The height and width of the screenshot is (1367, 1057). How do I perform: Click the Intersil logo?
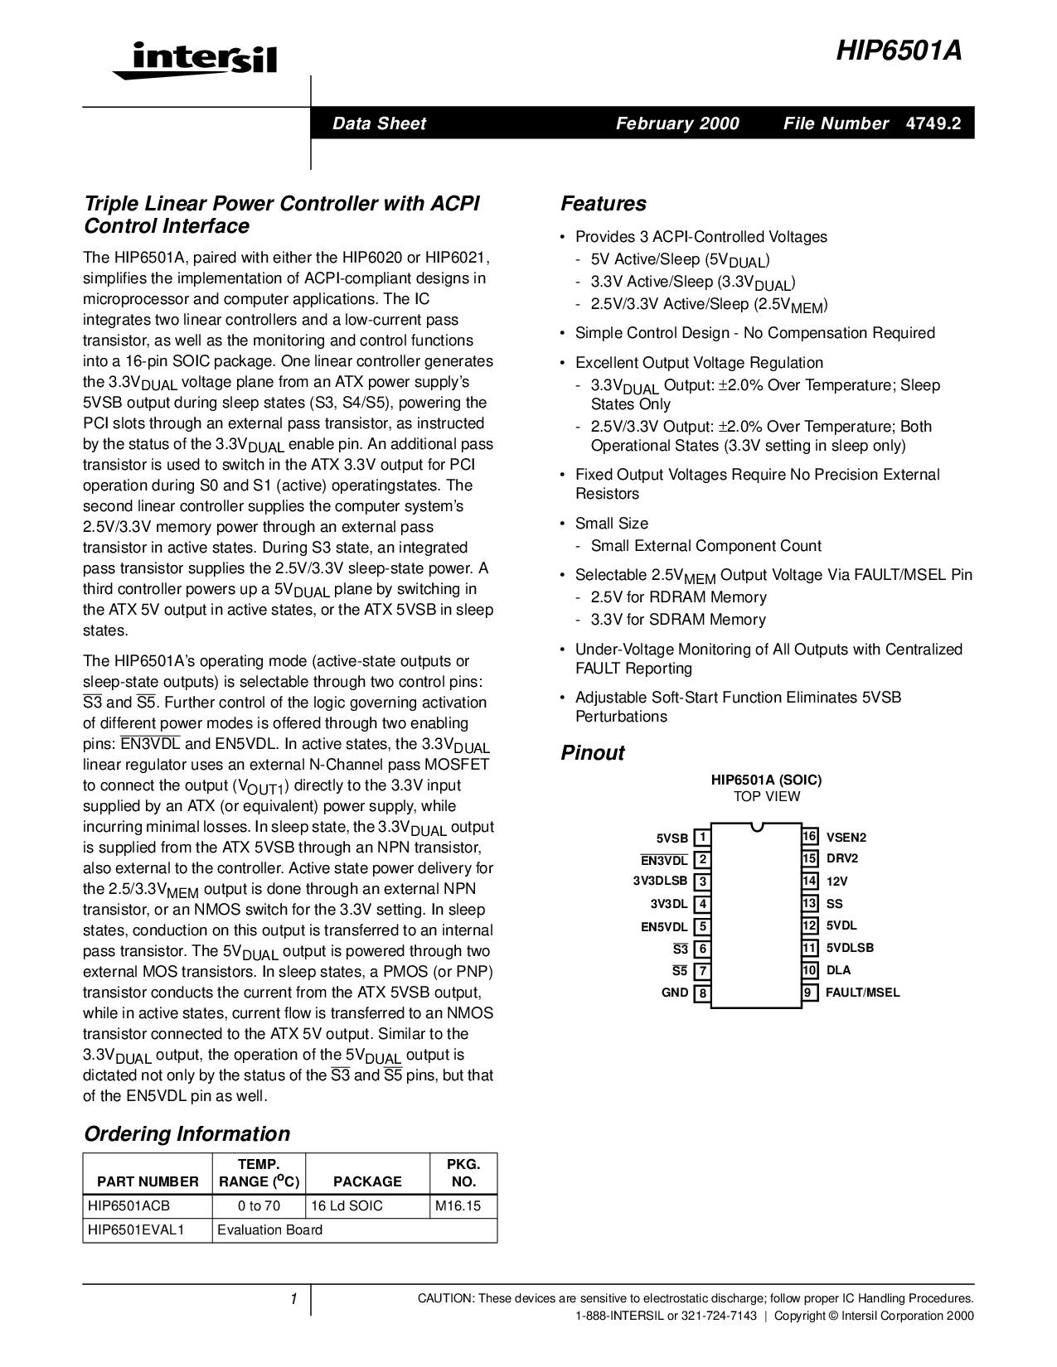(x=195, y=60)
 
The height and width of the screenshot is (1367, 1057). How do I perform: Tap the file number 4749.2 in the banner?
(x=933, y=123)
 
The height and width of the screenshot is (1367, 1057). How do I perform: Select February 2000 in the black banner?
(x=677, y=123)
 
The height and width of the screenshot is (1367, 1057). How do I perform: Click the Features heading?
(x=604, y=204)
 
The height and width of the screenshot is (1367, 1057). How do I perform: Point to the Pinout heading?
(x=593, y=753)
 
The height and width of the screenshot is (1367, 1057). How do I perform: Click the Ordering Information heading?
(x=187, y=1134)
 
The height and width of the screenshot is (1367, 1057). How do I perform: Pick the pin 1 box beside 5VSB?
(x=701, y=838)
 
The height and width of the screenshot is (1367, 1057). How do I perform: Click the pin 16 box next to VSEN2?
(x=810, y=837)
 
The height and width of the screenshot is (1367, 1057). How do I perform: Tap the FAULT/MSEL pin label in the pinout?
(x=862, y=993)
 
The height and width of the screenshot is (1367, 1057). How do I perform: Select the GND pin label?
(x=675, y=993)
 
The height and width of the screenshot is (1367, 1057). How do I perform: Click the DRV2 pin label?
(x=842, y=859)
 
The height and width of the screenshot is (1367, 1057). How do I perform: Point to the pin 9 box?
(x=810, y=993)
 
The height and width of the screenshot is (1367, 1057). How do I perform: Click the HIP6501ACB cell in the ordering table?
(x=128, y=1206)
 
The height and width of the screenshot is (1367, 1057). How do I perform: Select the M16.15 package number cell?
(x=458, y=1206)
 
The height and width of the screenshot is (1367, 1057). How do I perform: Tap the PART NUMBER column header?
(x=148, y=1181)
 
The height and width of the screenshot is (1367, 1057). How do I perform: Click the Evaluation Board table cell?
(x=269, y=1229)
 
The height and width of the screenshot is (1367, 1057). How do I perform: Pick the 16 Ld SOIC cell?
(x=347, y=1206)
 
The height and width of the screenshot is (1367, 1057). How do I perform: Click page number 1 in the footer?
(x=293, y=1299)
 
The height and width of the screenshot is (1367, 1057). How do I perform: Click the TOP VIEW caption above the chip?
(x=766, y=797)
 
